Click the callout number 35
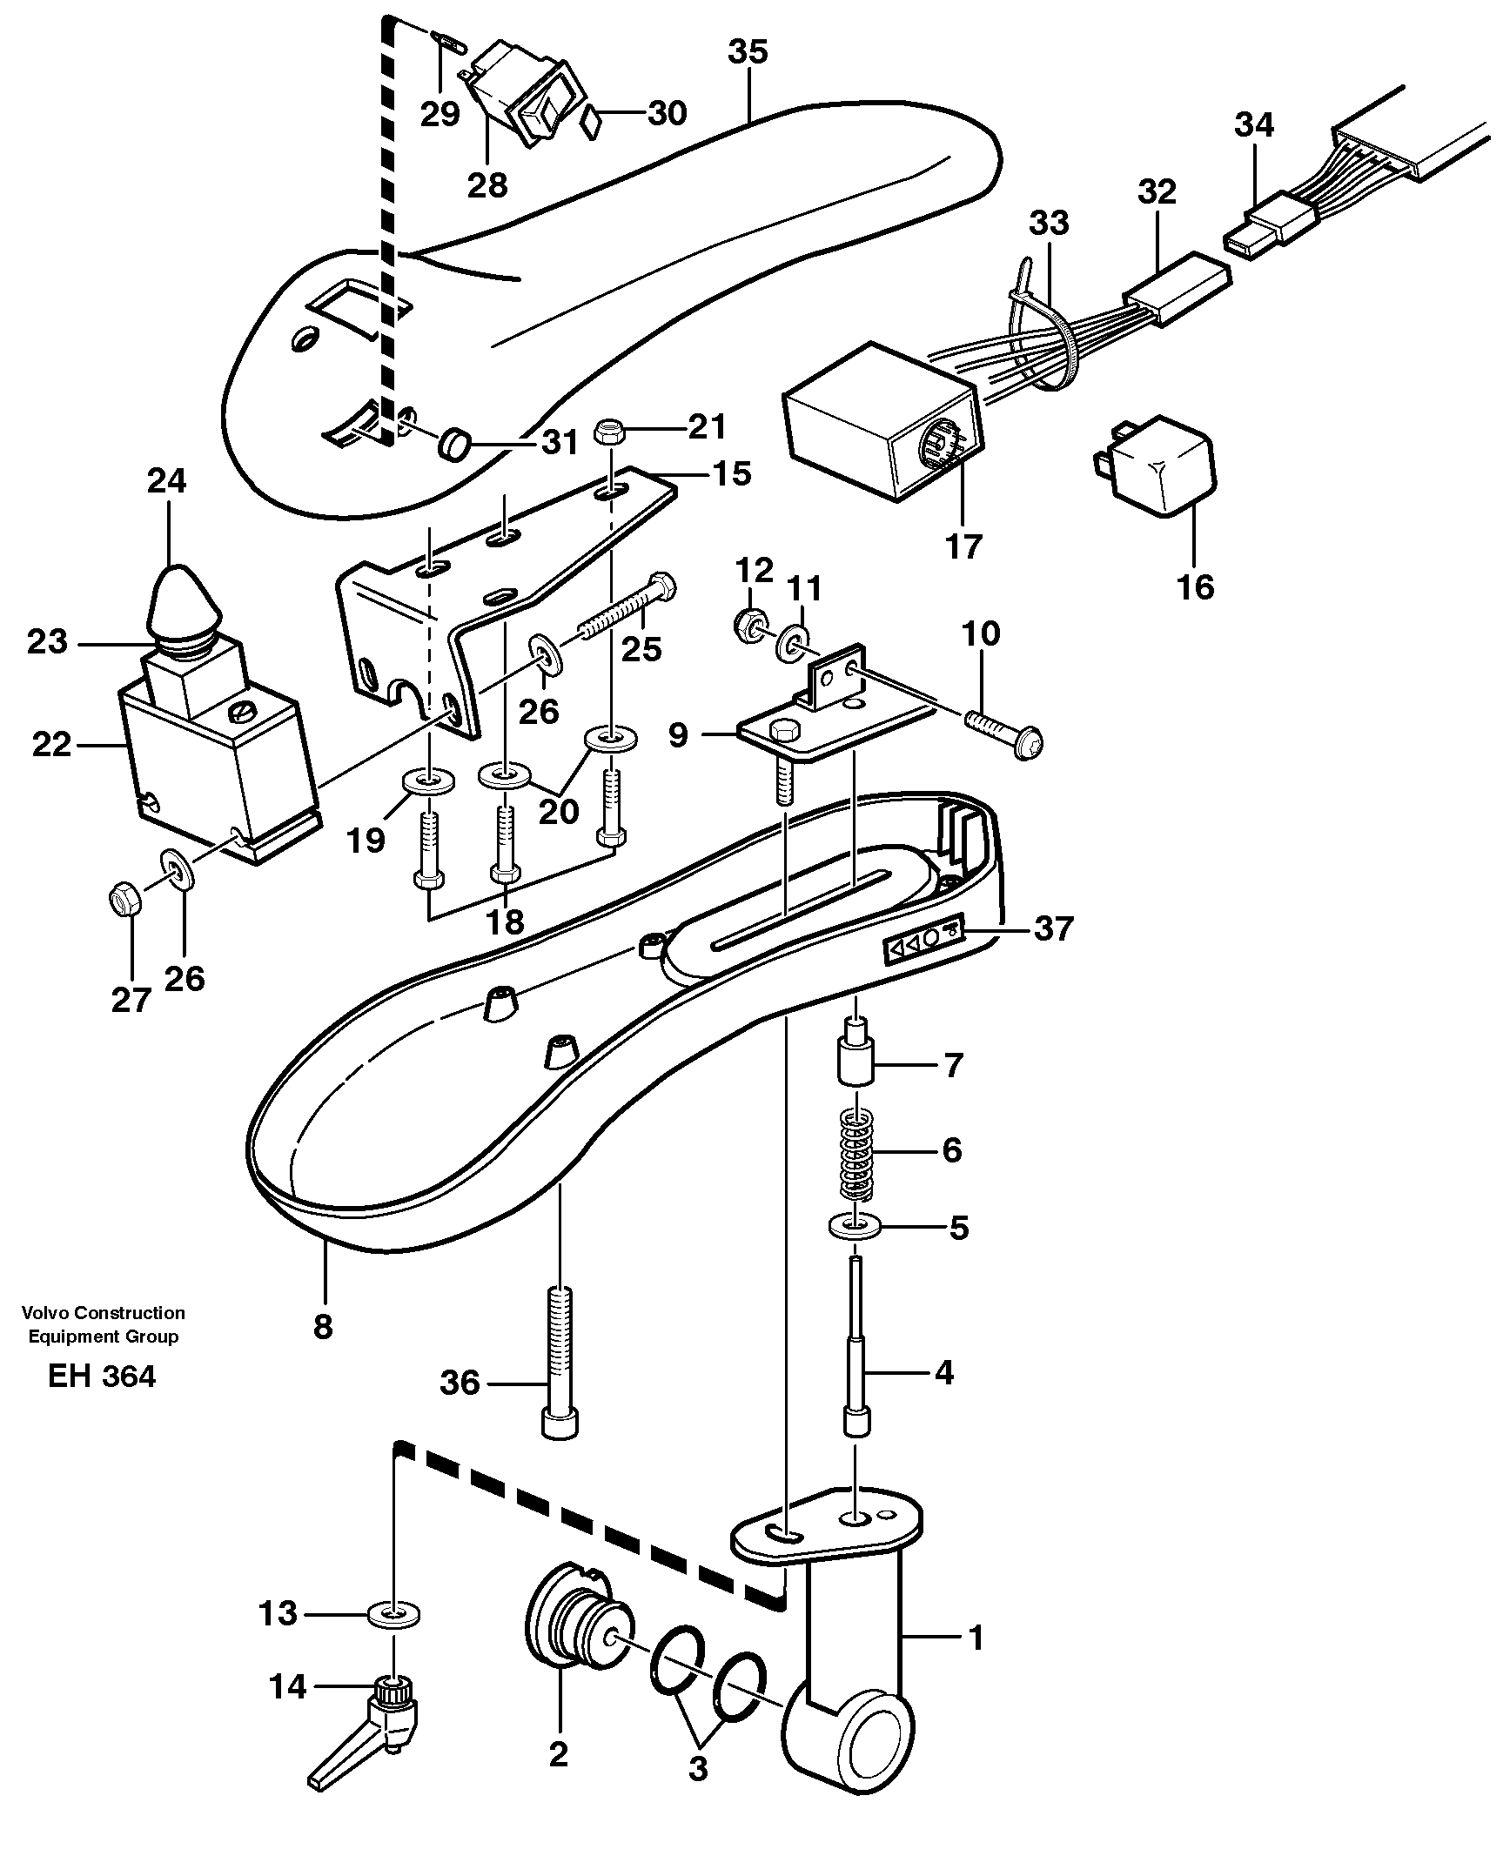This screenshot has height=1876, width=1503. tap(748, 52)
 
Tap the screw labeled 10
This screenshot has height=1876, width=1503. tap(1003, 731)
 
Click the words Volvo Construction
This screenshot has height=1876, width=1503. tap(104, 1313)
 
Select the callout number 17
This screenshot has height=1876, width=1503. tap(963, 546)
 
